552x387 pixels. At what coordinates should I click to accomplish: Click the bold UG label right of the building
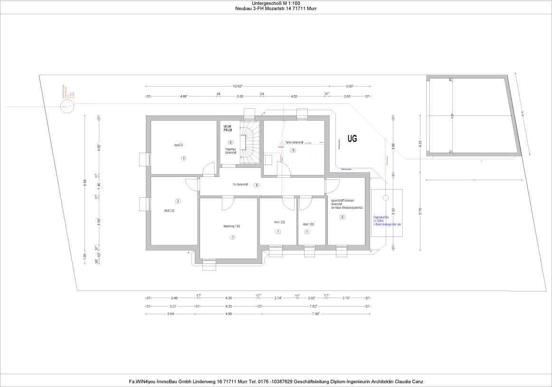click(352, 138)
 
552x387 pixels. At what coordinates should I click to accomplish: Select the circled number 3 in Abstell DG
click(183, 158)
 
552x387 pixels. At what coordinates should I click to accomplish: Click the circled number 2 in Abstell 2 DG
click(178, 201)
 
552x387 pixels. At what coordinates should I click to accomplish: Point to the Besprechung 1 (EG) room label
click(232, 226)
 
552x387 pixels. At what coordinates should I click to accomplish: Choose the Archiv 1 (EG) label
click(279, 222)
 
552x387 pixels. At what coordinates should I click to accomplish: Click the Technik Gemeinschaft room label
click(294, 142)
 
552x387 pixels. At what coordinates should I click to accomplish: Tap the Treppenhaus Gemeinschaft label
click(230, 150)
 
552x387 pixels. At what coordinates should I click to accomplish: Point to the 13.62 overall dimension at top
click(238, 86)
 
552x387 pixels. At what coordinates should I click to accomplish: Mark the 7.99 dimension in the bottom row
click(315, 314)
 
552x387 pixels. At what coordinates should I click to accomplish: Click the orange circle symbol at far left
click(65, 107)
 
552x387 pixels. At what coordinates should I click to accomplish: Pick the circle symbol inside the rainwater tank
click(386, 197)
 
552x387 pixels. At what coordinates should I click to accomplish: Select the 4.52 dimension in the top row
click(294, 96)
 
